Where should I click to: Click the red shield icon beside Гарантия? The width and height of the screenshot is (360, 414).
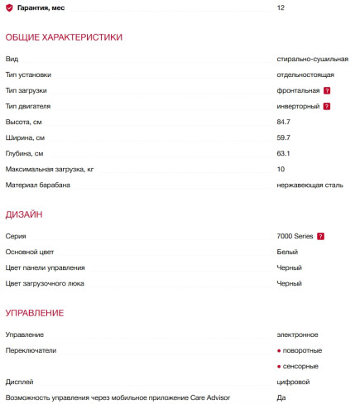click(x=9, y=7)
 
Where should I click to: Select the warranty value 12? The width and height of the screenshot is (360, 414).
click(x=281, y=7)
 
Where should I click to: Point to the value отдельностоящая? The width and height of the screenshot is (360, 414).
click(x=305, y=75)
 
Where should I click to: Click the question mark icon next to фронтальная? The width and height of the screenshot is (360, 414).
click(x=328, y=90)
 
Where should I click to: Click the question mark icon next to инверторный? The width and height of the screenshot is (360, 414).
click(x=328, y=107)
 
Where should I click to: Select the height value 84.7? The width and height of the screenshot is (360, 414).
click(x=284, y=122)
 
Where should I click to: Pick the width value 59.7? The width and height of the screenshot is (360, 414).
click(x=284, y=137)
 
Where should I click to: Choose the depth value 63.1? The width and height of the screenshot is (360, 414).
click(x=284, y=153)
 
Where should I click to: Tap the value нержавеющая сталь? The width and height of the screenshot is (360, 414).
click(x=310, y=185)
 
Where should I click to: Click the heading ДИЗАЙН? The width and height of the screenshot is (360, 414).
click(x=24, y=214)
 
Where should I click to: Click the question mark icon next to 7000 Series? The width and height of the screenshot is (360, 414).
click(x=320, y=237)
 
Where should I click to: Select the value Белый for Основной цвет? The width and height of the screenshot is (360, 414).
click(x=287, y=252)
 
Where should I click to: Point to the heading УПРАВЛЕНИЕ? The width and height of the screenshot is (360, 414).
click(x=34, y=313)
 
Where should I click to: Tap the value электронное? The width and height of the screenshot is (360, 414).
click(x=297, y=335)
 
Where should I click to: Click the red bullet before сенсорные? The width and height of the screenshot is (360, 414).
click(x=280, y=366)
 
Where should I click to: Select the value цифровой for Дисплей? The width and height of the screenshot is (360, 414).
click(x=293, y=383)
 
